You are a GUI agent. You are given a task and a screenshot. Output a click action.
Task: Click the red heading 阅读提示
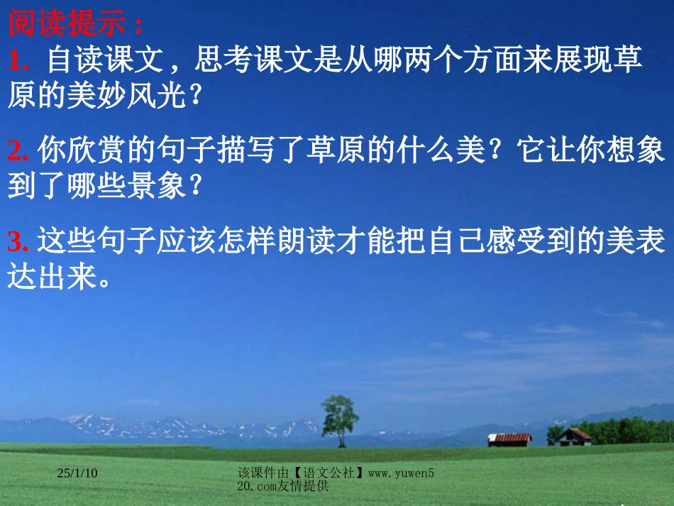(x=75, y=25)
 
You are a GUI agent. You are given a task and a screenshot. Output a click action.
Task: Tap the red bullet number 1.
(x=18, y=62)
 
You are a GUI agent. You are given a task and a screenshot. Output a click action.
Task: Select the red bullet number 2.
(x=18, y=152)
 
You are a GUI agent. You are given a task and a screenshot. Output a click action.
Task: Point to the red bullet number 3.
(x=18, y=242)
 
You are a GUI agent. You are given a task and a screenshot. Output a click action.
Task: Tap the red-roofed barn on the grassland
(x=509, y=439)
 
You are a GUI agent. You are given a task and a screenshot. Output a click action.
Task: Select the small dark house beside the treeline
(x=574, y=436)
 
